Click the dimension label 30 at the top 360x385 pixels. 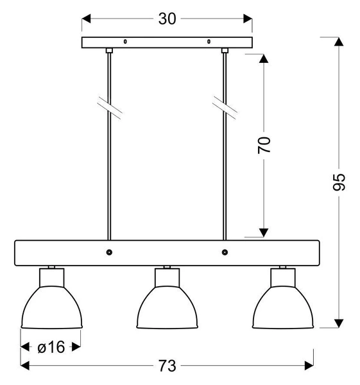167,19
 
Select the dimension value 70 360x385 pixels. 264,144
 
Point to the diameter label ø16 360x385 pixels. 51,347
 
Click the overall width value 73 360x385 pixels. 167,366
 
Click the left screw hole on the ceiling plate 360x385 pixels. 125,43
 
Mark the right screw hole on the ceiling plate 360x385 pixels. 209,43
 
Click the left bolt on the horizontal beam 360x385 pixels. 109,252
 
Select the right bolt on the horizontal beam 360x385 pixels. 225,252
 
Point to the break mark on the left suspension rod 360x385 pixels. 109,108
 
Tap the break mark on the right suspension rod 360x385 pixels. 225,108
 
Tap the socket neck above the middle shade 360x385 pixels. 167,278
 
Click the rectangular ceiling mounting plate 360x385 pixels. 167,43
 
